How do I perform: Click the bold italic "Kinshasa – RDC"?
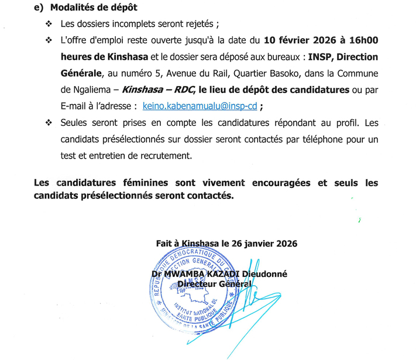coord(156,90)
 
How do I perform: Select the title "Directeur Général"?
coord(214,284)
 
